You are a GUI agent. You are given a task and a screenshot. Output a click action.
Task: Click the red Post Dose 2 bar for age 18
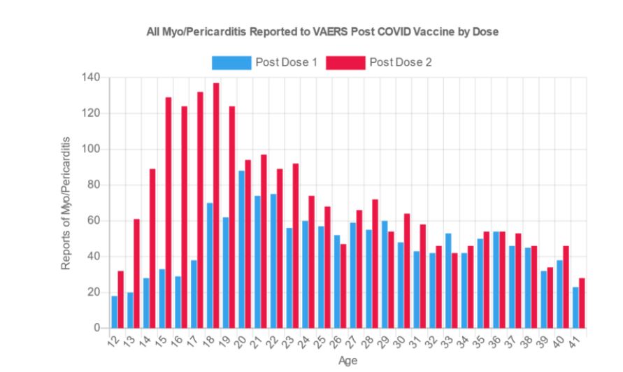click(x=216, y=206)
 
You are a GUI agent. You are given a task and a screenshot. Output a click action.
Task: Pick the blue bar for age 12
click(x=114, y=312)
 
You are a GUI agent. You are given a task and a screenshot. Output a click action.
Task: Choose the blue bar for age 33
click(x=447, y=280)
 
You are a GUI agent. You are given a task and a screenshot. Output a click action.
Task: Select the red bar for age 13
click(x=136, y=273)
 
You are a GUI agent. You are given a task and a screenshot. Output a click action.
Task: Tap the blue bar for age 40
click(x=559, y=294)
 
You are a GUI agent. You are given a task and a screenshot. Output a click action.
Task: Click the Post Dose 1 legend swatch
click(x=231, y=63)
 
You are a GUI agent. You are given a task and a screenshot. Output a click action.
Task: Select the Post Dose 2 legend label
click(x=401, y=63)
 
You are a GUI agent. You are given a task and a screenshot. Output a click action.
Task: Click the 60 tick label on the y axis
click(x=95, y=221)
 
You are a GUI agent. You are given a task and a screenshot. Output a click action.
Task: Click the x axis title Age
click(x=348, y=361)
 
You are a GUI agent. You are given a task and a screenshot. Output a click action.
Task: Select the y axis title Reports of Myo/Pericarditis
click(x=66, y=203)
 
